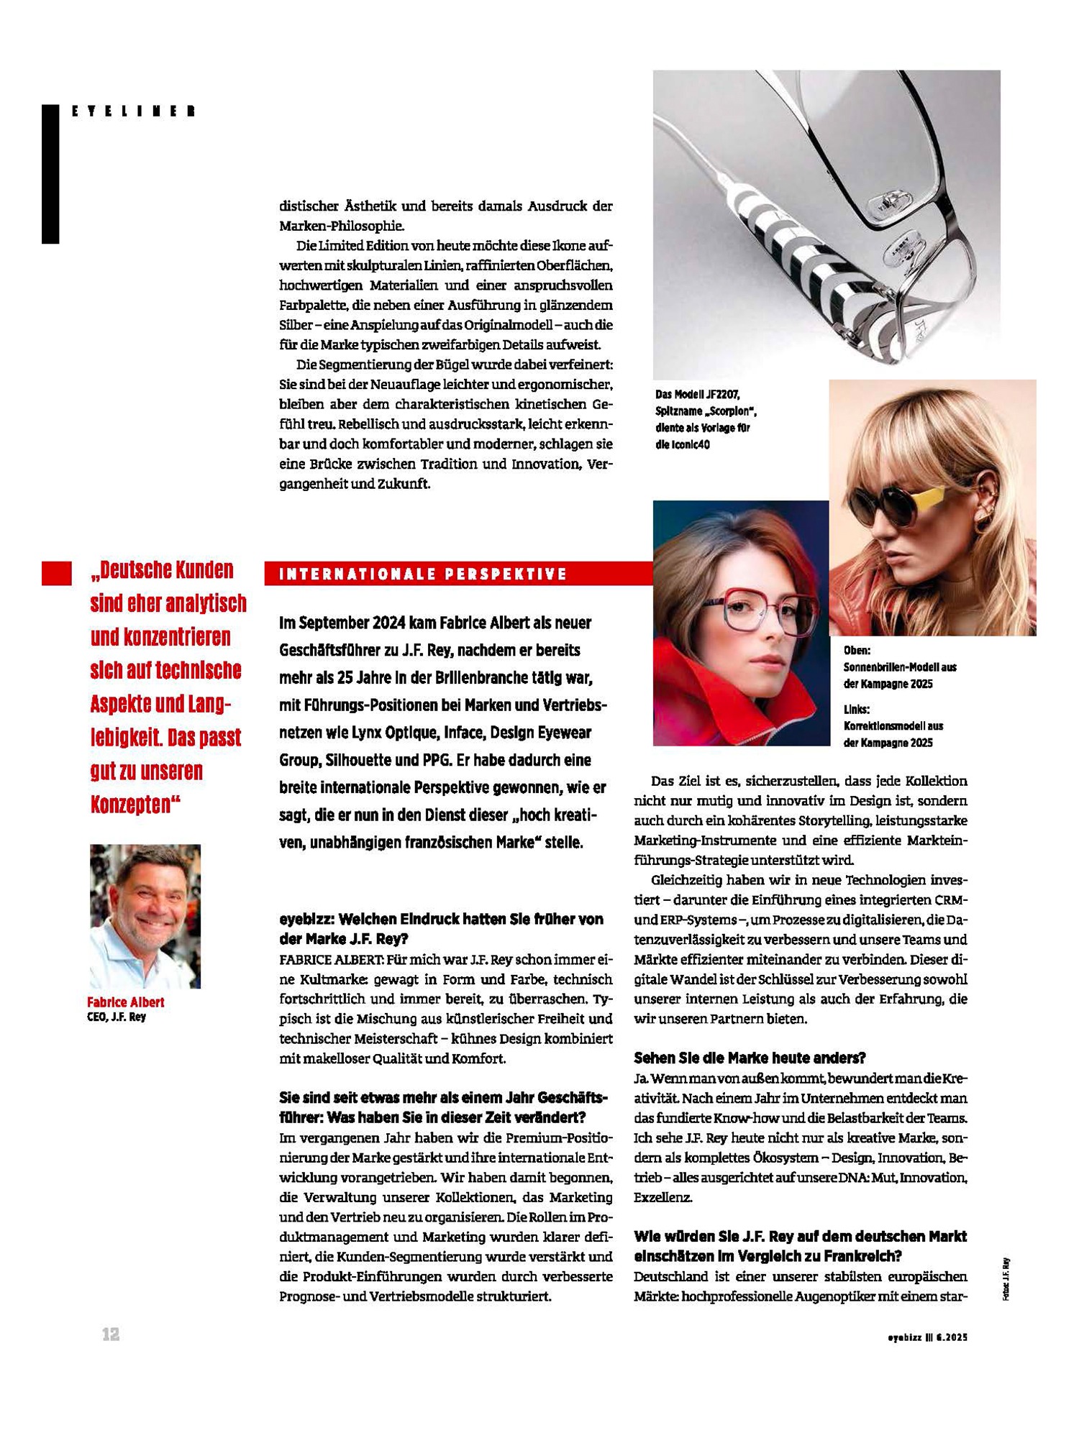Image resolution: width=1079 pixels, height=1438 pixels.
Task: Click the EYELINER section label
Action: click(134, 111)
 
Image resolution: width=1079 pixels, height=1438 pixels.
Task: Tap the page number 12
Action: click(111, 1334)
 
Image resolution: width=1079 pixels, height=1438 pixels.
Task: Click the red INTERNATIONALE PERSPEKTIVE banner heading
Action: click(423, 574)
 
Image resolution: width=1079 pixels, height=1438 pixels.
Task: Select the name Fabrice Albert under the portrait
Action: click(126, 1002)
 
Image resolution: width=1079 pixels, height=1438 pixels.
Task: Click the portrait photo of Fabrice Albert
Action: click(145, 916)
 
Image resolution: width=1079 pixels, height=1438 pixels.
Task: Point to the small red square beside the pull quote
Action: click(57, 573)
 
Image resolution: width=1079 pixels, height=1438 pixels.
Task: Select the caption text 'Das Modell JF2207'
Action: click(697, 395)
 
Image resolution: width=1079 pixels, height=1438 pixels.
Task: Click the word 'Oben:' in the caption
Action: click(857, 651)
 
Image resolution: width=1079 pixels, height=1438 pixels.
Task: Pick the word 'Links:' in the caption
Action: click(857, 710)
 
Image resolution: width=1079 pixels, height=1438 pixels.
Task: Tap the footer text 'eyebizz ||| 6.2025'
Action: click(927, 1337)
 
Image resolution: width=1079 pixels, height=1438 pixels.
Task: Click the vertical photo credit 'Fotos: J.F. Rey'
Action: click(1006, 1279)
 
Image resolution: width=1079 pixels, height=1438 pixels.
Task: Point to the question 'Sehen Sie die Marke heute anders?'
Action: click(750, 1058)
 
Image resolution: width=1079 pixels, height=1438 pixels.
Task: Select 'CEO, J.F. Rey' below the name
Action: click(117, 1017)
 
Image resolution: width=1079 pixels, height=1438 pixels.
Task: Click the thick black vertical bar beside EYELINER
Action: click(50, 174)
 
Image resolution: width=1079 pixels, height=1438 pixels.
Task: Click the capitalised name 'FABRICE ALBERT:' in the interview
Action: click(330, 959)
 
